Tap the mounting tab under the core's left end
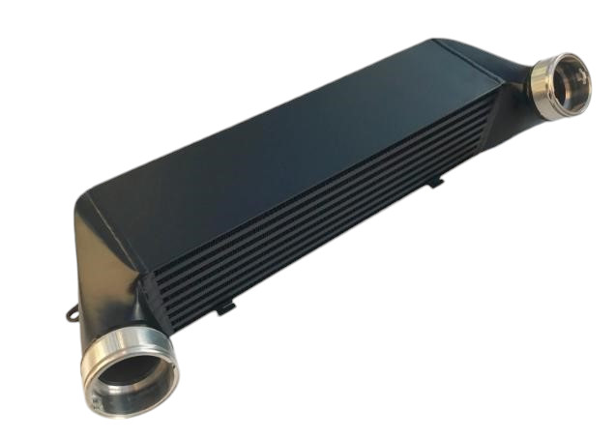coord(224,308)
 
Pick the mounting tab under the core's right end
coord(435,179)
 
